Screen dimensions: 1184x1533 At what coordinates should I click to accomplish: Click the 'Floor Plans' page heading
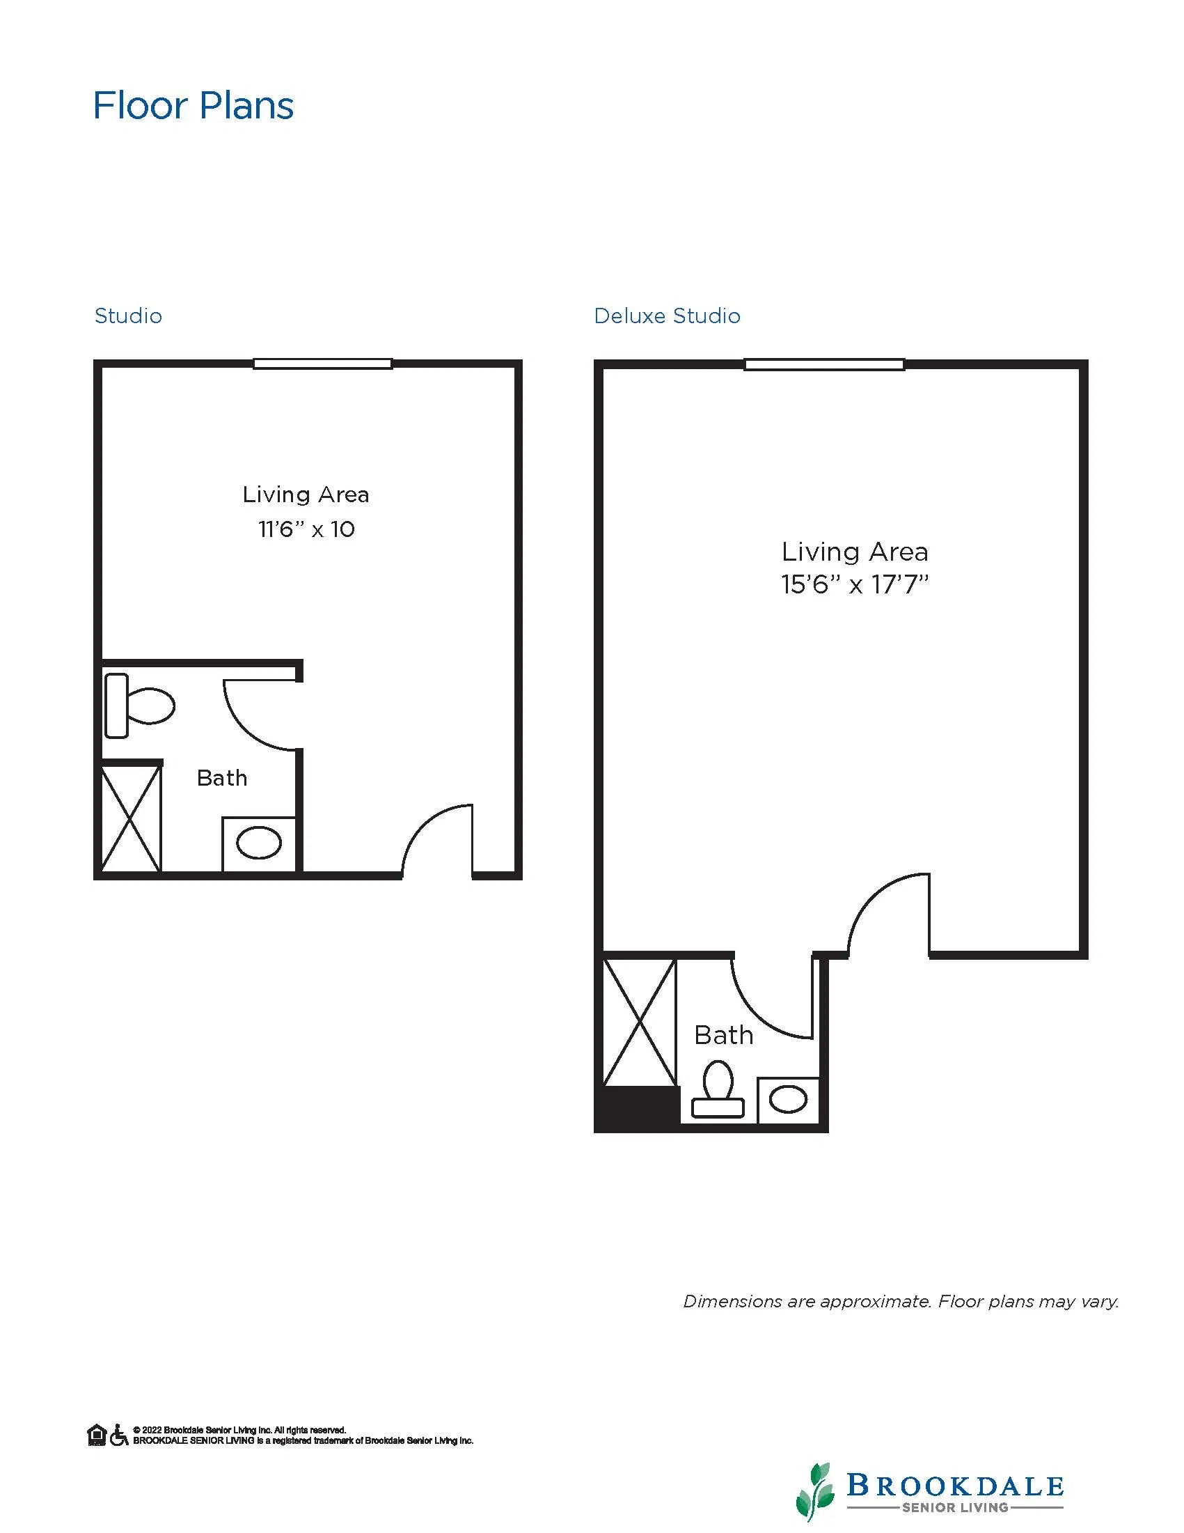193,106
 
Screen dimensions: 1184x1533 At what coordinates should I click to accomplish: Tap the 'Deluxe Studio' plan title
666,316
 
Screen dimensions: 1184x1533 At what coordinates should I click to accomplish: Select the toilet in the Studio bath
140,706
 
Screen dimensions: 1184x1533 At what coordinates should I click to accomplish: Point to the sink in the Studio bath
259,843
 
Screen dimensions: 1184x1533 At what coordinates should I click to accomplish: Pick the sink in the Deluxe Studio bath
789,1099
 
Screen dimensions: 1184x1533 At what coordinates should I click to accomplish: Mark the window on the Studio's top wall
323,364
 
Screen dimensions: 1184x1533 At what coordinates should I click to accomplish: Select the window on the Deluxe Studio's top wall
824,364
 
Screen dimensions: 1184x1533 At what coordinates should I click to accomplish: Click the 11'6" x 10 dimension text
306,529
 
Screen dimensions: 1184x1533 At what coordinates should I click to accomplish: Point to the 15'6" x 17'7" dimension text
855,584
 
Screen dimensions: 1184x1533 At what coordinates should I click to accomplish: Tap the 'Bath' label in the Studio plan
221,778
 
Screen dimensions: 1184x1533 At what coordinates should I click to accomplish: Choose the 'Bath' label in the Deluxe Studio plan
724,1035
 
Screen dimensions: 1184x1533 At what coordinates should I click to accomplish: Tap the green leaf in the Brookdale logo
815,1492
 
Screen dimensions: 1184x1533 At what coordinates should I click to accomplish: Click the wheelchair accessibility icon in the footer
118,1435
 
